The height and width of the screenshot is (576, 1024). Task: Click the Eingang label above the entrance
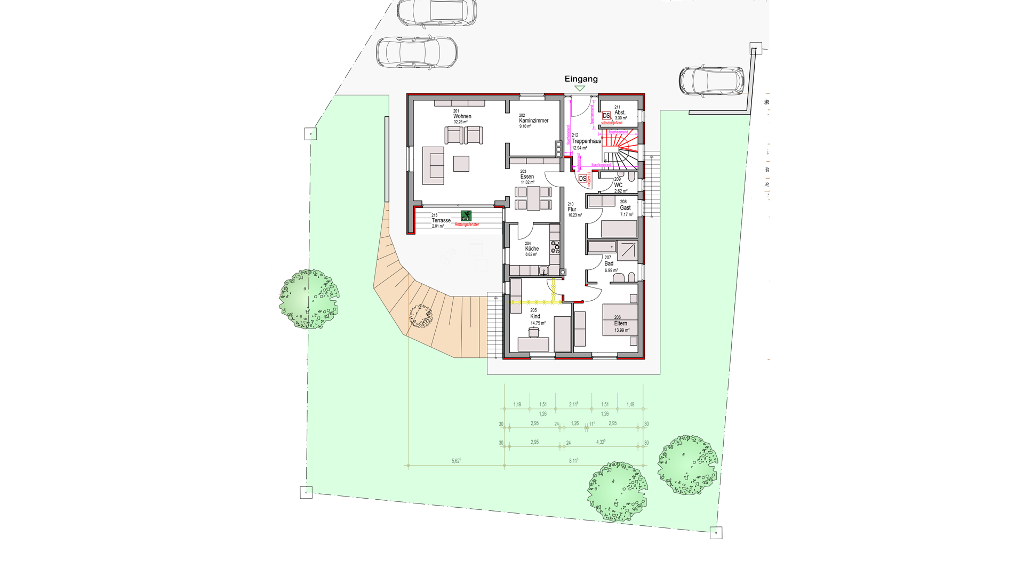click(581, 79)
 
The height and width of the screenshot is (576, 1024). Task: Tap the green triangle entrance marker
click(580, 89)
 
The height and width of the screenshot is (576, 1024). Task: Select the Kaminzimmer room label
click(533, 121)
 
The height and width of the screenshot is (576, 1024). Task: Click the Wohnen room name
click(462, 116)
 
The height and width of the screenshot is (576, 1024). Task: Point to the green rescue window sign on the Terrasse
click(466, 215)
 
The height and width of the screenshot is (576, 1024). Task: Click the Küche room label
click(532, 249)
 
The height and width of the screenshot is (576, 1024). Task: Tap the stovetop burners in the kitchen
click(555, 246)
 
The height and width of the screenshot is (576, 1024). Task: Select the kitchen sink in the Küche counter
click(543, 271)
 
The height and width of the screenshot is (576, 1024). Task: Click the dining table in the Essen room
click(533, 198)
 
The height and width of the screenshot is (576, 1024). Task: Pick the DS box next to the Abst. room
click(606, 116)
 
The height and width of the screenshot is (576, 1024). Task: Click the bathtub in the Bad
click(602, 247)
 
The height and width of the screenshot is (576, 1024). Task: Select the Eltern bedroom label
click(620, 323)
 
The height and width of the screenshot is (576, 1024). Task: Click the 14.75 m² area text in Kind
click(538, 323)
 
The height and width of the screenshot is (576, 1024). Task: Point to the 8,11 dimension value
click(573, 461)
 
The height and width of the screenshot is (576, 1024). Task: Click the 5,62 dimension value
click(456, 461)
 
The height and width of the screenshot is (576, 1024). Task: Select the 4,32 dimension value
click(601, 442)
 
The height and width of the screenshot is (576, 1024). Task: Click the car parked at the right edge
click(711, 81)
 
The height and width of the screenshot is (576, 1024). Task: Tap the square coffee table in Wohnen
click(461, 163)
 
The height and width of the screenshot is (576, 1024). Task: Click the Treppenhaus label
click(586, 141)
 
